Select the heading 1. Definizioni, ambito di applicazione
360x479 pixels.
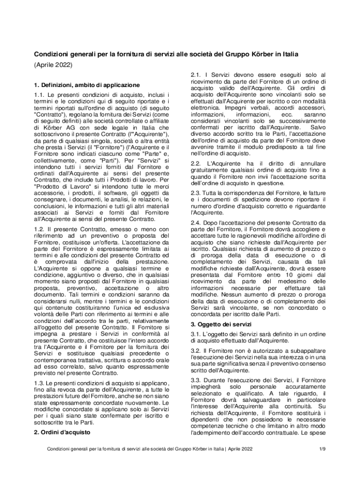coord(87,85)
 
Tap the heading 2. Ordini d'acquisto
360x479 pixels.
coord(62,432)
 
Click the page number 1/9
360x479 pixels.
coord(322,449)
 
